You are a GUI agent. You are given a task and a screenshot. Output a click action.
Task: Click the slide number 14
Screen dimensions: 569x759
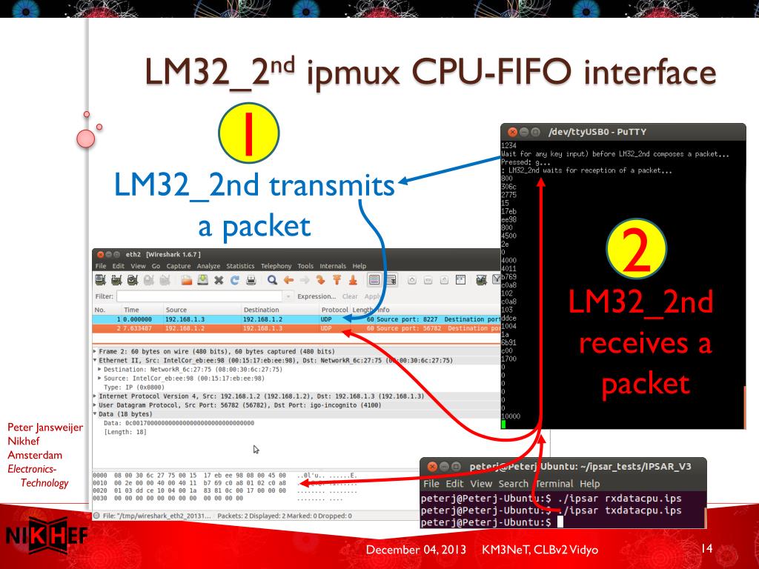[706, 548]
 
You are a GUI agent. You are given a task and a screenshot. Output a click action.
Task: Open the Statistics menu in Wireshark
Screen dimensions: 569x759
[240, 266]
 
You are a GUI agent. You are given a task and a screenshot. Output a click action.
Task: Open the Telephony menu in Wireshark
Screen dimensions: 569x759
[276, 266]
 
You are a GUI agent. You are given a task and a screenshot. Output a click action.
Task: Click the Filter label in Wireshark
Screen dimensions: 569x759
[103, 295]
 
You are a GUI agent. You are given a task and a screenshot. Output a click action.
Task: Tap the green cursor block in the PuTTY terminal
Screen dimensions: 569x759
[504, 425]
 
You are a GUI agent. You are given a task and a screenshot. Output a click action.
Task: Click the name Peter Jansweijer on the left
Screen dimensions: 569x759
[44, 427]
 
